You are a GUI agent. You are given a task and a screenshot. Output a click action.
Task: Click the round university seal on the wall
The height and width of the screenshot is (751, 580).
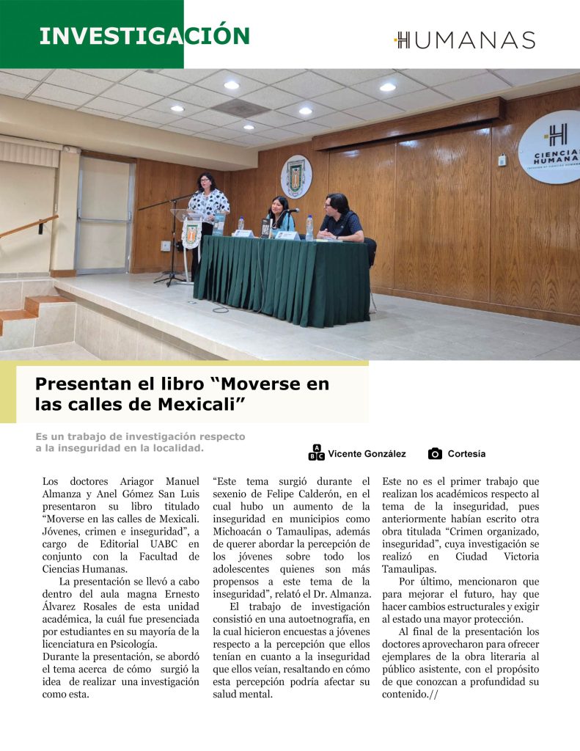click(295, 176)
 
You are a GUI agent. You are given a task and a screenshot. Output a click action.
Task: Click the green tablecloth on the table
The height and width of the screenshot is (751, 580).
click(282, 279)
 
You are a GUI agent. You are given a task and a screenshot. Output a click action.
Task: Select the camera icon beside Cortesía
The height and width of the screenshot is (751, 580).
click(435, 454)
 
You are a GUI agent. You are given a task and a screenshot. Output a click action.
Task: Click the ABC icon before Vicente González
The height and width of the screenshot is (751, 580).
click(316, 453)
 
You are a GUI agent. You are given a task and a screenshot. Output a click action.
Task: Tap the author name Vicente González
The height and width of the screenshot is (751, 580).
click(367, 454)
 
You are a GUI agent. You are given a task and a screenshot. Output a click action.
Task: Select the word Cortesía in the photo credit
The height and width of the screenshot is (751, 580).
click(466, 454)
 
